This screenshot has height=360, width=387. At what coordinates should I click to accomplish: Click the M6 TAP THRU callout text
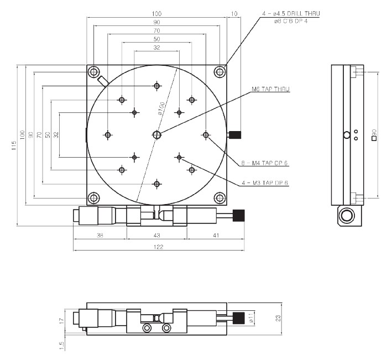point(271,89)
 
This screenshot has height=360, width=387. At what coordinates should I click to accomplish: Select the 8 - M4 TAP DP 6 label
point(265,163)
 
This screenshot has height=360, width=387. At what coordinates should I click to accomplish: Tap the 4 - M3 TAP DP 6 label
point(265,182)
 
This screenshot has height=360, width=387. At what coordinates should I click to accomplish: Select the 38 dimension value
point(100,236)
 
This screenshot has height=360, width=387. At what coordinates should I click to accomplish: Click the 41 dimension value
point(216,236)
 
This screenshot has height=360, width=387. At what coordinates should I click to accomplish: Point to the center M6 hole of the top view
point(158,134)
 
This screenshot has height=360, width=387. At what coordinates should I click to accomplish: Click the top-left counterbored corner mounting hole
point(93,72)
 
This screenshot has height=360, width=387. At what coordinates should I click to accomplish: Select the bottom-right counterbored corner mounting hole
point(220,197)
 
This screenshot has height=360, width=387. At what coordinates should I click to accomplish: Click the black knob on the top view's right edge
point(236,134)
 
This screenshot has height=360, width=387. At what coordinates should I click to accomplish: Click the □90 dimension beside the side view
point(374,134)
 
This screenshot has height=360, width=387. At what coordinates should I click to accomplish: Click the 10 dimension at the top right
point(234,13)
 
